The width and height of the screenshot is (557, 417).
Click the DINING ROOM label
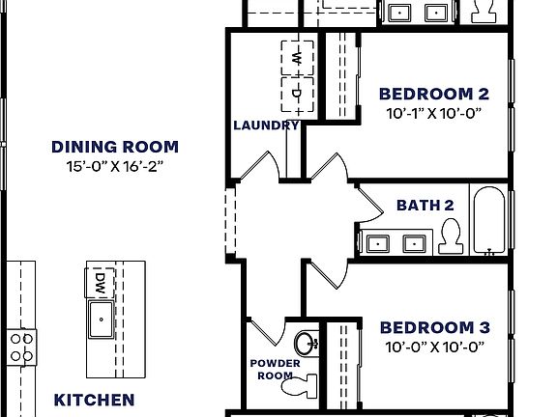(x=114, y=147)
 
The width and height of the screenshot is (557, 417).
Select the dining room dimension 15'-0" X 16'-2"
(x=114, y=166)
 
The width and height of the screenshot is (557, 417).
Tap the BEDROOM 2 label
(x=433, y=94)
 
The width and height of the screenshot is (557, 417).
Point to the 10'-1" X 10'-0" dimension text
(x=433, y=113)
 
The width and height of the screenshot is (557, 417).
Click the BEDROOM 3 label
(x=434, y=327)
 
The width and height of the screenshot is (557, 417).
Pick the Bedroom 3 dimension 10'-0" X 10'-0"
(x=434, y=347)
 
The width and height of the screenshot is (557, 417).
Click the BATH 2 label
(x=425, y=206)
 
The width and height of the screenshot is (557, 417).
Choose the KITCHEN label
(x=94, y=400)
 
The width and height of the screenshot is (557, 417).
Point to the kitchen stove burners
(x=20, y=347)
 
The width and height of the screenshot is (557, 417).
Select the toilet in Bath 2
(x=451, y=236)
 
